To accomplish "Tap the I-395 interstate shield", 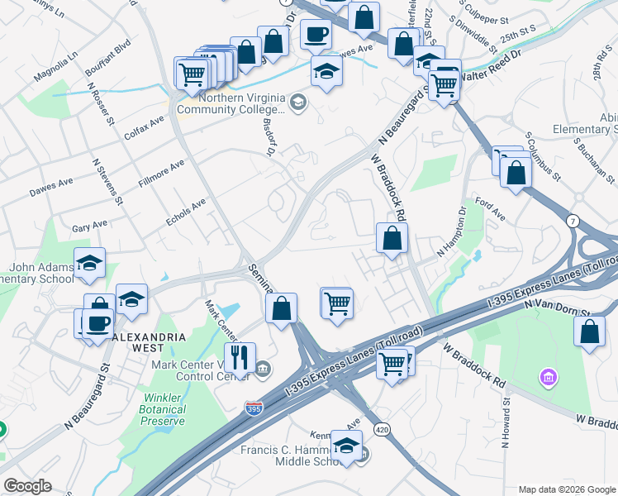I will [x=255, y=408].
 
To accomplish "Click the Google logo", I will [x=27, y=486].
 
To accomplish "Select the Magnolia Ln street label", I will [x=55, y=65].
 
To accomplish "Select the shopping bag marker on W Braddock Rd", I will [x=392, y=240].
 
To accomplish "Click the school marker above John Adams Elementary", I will [x=89, y=264].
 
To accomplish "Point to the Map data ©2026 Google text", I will [x=567, y=489].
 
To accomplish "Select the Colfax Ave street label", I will [x=145, y=126].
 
